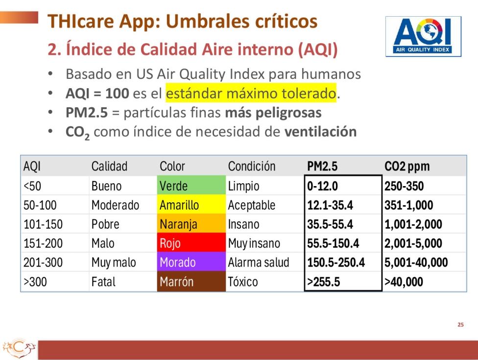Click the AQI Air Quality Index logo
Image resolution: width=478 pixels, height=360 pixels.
tap(423, 37)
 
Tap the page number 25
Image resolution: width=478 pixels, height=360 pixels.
tap(461, 325)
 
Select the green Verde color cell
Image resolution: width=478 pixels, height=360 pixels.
tap(191, 185)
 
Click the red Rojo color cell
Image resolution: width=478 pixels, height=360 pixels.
tap(191, 242)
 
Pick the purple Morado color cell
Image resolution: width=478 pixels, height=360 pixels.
tap(191, 262)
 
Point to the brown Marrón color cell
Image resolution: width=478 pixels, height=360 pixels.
tap(191, 281)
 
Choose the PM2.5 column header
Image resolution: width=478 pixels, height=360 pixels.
tap(322, 166)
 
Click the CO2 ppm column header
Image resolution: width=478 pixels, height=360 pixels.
tap(407, 166)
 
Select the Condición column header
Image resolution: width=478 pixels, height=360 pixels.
tap(252, 166)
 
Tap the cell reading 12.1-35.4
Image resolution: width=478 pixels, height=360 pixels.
tap(330, 205)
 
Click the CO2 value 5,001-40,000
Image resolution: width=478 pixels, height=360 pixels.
tap(416, 263)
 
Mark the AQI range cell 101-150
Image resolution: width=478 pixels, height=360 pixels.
tap(43, 224)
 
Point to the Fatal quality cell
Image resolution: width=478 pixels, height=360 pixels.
tap(103, 282)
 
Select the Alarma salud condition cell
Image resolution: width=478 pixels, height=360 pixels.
tap(259, 263)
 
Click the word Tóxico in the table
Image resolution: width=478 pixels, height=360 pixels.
tap(243, 282)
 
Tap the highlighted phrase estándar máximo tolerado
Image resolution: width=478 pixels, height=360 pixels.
tap(251, 93)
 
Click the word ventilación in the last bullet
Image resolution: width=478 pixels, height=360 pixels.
tap(320, 131)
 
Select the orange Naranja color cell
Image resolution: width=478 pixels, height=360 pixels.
tap(191, 224)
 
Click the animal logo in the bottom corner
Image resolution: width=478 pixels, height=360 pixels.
tap(19, 348)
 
